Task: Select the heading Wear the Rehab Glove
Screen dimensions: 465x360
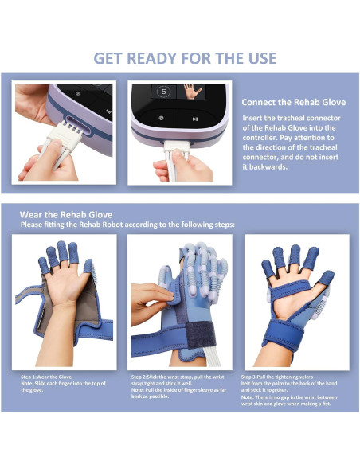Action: click(67, 215)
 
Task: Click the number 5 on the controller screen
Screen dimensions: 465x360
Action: click(163, 92)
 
